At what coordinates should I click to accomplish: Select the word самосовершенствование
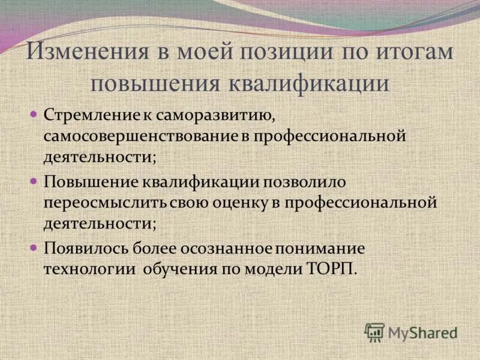pyautogui.click(x=141, y=136)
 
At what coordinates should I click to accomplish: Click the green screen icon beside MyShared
pyautogui.click(x=374, y=332)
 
